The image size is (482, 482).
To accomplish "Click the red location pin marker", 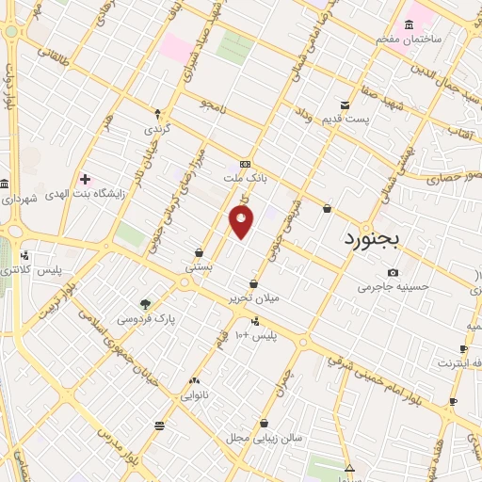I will (242, 222).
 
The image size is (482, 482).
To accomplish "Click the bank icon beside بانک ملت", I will (246, 162).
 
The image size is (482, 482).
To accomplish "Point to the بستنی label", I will (199, 266).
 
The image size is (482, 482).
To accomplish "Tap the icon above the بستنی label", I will (200, 252).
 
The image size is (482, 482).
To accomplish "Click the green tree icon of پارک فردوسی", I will (145, 304).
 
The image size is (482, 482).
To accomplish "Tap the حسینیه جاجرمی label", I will (394, 286).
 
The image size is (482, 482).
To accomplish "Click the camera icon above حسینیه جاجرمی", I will (393, 272).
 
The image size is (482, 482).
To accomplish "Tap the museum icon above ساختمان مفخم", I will (409, 24).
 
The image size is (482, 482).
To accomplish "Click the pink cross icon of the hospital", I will (86, 178).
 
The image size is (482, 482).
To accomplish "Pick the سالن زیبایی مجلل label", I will (261, 438).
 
